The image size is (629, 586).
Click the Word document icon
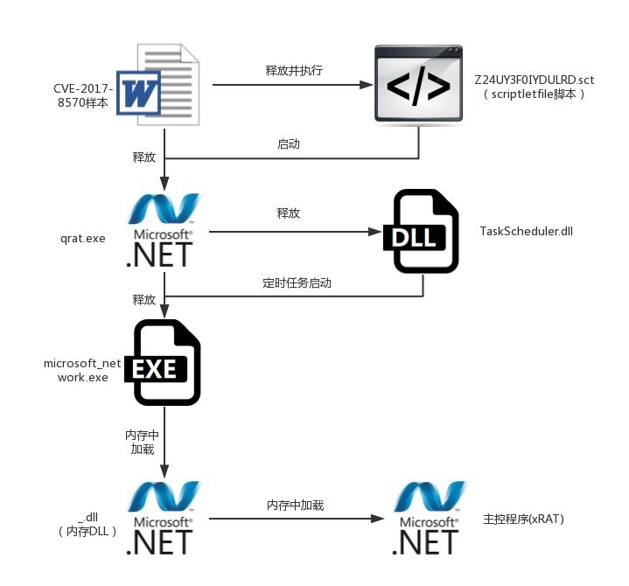(159, 84)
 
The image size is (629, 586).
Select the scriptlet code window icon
(419, 84)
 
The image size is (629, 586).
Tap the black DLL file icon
(420, 232)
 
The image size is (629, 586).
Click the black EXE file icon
(166, 364)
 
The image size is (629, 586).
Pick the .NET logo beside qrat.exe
(164, 232)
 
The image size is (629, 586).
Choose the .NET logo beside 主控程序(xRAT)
(428, 519)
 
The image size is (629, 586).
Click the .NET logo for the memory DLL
(164, 519)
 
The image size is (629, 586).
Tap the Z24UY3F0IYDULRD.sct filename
(534, 80)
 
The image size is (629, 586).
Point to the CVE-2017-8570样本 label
(83, 95)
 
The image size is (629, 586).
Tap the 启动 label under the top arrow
(288, 143)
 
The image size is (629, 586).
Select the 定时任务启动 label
(297, 283)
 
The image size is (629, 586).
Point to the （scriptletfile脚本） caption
(534, 94)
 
